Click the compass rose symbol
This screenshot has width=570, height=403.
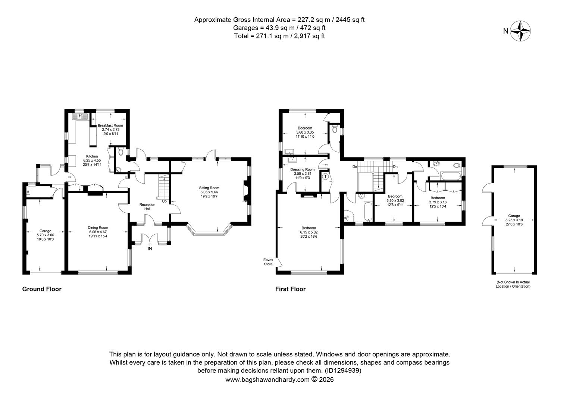[x=520, y=31]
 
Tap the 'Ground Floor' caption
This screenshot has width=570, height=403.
[x=42, y=289]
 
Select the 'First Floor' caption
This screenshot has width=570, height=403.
[x=290, y=289]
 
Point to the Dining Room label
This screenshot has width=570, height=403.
[x=98, y=228]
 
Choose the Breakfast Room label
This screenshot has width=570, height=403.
[x=110, y=125]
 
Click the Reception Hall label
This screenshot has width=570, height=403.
[x=147, y=206]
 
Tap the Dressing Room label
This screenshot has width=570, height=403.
[x=302, y=169]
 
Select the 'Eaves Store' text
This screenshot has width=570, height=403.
[x=268, y=262]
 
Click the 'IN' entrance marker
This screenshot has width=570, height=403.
[x=150, y=249]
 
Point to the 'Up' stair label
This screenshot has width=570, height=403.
[x=164, y=201]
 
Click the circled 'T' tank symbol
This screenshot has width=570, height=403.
[x=325, y=177]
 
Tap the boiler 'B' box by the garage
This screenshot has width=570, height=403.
[x=28, y=192]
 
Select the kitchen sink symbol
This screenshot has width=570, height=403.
[x=79, y=116]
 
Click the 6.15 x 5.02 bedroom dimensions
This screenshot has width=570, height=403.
[x=309, y=232]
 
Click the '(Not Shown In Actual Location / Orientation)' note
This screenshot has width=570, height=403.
[x=513, y=284]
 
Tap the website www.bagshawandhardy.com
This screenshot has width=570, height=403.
[x=267, y=379]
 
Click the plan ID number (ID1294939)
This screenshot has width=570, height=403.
[x=343, y=371]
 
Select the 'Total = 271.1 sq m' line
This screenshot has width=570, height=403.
[x=279, y=36]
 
